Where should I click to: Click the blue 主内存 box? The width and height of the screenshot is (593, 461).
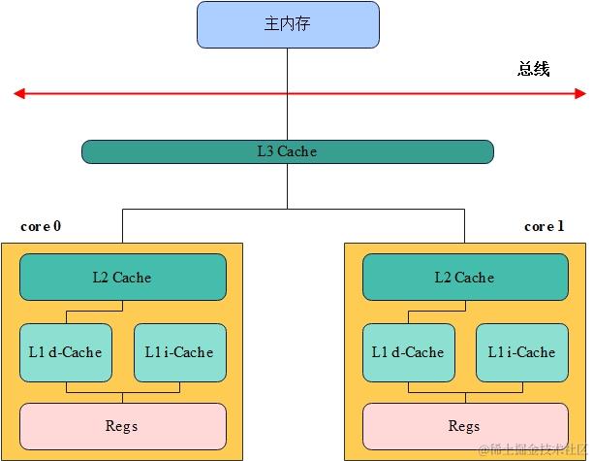(x=287, y=24)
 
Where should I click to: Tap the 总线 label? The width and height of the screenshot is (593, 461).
(x=533, y=69)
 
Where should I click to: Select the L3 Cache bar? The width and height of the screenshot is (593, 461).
(x=287, y=151)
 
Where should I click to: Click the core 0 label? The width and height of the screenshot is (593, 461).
(x=41, y=226)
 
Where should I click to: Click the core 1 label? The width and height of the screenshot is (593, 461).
(x=544, y=226)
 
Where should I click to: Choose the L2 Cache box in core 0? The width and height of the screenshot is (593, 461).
(x=122, y=278)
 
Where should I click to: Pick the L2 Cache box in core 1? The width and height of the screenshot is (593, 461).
(x=464, y=278)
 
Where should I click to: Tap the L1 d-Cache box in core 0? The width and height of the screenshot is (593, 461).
(x=66, y=352)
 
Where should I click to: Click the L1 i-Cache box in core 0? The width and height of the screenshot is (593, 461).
(x=179, y=352)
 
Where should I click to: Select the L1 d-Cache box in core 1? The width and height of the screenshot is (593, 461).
(x=408, y=352)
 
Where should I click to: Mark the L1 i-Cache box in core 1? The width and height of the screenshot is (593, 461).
(x=521, y=352)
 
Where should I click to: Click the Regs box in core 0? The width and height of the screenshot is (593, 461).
(x=122, y=426)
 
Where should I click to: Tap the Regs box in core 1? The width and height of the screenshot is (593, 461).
(x=464, y=426)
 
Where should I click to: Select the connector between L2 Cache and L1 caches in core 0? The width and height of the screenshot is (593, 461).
(x=122, y=313)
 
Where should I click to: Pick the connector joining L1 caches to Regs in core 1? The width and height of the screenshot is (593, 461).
(x=464, y=392)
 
